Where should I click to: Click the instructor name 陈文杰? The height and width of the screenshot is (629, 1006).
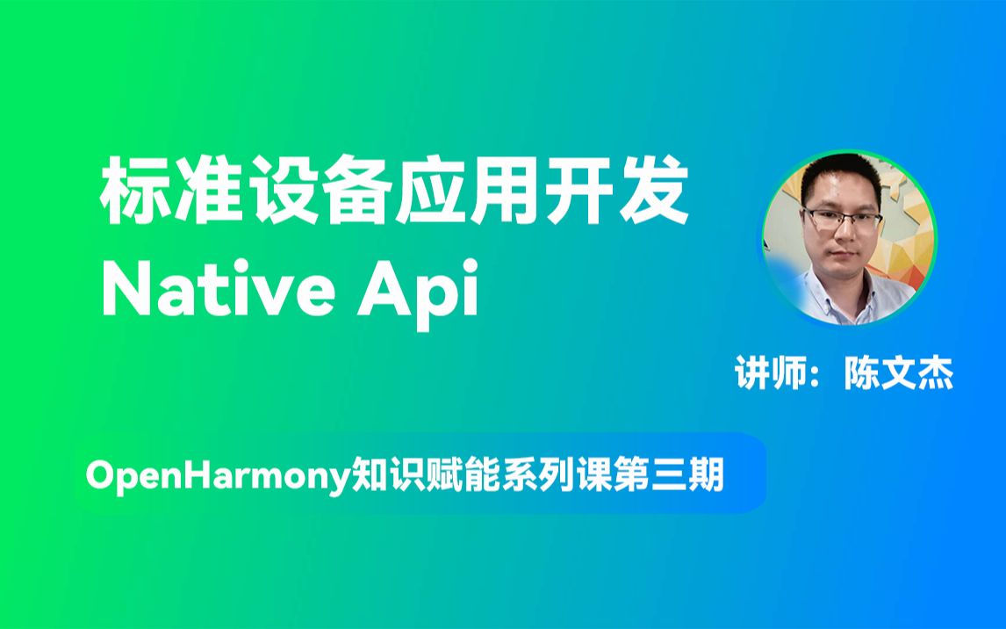(x=897, y=375)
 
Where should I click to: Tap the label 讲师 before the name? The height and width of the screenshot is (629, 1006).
(x=770, y=375)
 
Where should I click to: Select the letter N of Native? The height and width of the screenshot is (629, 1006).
(x=126, y=288)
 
